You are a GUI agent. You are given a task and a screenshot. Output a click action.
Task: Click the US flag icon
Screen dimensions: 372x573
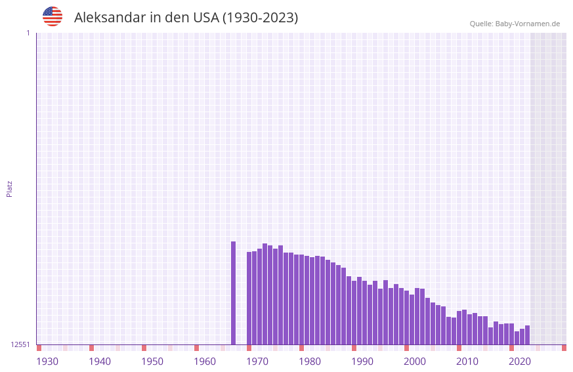click(53, 16)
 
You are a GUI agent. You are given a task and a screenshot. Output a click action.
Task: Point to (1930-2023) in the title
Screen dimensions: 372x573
click(261, 18)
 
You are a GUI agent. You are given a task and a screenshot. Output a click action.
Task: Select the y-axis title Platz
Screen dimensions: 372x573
click(9, 188)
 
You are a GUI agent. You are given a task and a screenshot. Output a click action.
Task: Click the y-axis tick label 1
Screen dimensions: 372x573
click(28, 33)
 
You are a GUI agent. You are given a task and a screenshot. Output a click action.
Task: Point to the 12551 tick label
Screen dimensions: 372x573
click(20, 344)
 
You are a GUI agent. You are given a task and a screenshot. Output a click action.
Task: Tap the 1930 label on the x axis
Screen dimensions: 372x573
click(47, 362)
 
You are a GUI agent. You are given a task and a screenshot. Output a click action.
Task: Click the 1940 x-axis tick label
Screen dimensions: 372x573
click(100, 362)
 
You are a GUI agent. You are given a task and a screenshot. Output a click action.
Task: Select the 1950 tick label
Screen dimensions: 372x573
click(152, 362)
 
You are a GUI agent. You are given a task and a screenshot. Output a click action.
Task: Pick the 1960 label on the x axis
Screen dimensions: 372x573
click(205, 362)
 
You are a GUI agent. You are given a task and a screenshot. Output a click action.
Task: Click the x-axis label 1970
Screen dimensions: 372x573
click(257, 362)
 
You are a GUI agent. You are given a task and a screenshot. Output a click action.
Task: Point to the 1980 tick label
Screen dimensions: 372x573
click(310, 362)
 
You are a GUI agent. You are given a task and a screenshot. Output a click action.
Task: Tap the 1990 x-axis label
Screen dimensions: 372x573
click(362, 362)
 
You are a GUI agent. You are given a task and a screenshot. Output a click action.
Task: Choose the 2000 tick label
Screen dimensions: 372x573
click(415, 362)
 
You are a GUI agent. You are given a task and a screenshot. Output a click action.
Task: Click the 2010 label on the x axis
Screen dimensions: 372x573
click(467, 362)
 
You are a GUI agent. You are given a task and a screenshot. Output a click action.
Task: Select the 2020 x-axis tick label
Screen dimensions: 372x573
click(520, 362)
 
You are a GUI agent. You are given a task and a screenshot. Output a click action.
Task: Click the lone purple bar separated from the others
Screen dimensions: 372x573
click(233, 293)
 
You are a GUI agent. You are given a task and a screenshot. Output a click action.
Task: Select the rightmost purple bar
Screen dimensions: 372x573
click(527, 335)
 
